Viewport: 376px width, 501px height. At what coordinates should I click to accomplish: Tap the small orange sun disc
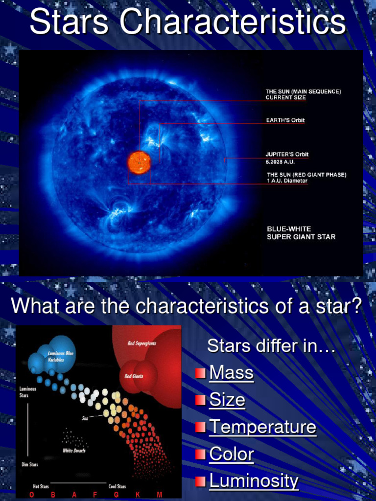(x=139, y=162)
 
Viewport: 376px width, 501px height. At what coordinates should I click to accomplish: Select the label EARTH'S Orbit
(x=285, y=120)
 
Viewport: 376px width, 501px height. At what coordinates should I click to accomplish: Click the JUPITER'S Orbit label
(x=287, y=155)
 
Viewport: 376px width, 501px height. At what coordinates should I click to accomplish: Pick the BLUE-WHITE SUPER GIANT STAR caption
(x=301, y=233)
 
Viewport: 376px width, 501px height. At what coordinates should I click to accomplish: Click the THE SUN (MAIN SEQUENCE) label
(x=304, y=91)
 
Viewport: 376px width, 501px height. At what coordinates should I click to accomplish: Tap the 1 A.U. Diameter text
(x=287, y=181)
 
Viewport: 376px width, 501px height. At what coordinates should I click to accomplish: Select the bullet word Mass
(x=231, y=373)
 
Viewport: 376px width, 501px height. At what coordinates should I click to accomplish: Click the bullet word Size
(x=227, y=400)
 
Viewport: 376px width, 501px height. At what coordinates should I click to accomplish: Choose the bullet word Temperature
(x=262, y=427)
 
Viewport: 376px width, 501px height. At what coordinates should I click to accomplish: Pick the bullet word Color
(x=231, y=455)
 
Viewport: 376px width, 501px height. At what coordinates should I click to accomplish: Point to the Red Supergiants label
(x=141, y=343)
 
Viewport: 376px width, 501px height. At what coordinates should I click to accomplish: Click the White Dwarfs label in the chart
(x=74, y=451)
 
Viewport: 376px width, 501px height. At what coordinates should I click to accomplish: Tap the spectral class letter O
(x=31, y=495)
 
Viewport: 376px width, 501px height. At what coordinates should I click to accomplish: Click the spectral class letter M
(x=159, y=495)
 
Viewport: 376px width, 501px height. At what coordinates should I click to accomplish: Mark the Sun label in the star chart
(x=85, y=419)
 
